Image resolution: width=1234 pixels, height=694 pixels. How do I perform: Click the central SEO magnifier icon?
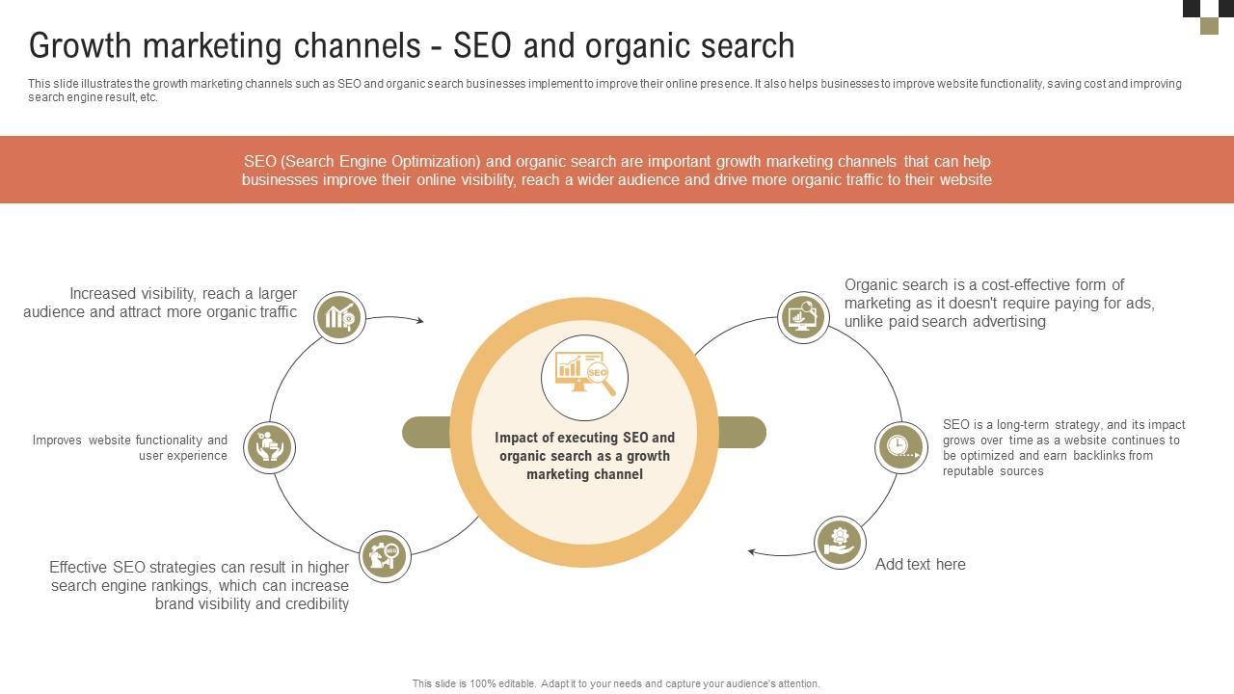[584, 377]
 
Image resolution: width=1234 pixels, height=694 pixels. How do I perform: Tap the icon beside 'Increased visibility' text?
[340, 317]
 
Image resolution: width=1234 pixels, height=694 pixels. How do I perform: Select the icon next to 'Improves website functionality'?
[269, 447]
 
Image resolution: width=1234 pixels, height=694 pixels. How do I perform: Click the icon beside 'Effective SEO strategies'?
[385, 556]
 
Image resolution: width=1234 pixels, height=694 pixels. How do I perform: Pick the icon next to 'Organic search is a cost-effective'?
[803, 316]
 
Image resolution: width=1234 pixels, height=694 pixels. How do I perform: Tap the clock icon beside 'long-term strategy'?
[900, 446]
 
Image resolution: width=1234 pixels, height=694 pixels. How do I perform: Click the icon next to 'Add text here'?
[840, 542]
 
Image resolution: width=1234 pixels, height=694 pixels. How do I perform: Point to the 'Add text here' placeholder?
[920, 565]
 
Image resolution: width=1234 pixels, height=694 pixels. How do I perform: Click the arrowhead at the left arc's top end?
[419, 320]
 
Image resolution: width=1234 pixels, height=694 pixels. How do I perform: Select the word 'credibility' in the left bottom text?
[311, 604]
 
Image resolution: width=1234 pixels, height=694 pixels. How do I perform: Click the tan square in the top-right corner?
[1209, 26]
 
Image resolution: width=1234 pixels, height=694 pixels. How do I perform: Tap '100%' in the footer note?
[483, 684]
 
